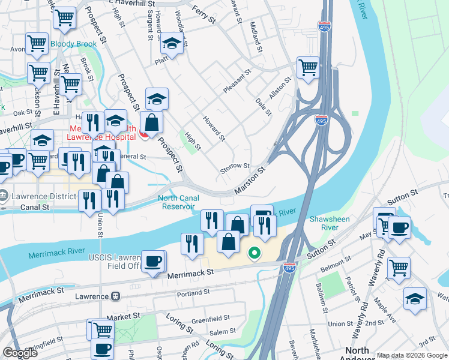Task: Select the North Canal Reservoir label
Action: (x=178, y=202)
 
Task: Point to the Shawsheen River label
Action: (x=329, y=223)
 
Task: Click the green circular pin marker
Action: (x=254, y=254)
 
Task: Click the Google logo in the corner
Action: (x=20, y=353)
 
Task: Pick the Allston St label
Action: (x=280, y=88)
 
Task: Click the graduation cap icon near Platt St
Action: (x=171, y=43)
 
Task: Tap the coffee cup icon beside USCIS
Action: (x=153, y=261)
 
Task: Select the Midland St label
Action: (x=256, y=35)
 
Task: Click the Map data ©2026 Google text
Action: (x=412, y=355)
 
